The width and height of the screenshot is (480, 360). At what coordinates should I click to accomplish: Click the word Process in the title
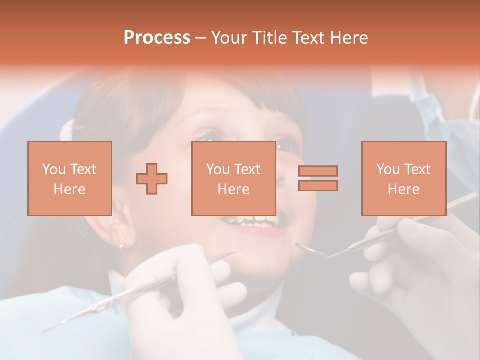coord(157,38)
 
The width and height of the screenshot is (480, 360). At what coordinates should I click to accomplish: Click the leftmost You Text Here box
coord(70,178)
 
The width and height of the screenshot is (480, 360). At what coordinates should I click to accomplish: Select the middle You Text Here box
coord(233,178)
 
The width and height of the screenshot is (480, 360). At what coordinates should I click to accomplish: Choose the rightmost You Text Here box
coord(403,178)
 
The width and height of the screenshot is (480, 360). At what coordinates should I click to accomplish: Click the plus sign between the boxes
coord(152,178)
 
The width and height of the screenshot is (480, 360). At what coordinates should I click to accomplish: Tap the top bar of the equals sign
coord(318,171)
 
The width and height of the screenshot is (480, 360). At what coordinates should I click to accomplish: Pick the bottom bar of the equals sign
coord(318,186)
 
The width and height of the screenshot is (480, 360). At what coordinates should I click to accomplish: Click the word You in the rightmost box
coord(387,169)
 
